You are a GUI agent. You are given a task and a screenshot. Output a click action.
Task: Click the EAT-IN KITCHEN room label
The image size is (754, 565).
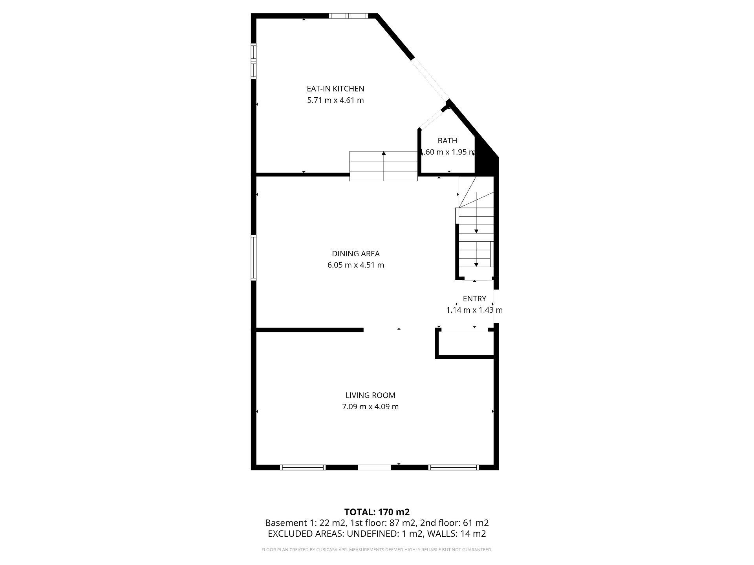pyautogui.click(x=335, y=89)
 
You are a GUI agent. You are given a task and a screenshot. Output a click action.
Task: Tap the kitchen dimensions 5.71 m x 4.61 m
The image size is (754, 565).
pyautogui.click(x=335, y=100)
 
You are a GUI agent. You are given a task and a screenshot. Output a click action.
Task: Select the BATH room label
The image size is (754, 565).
pyautogui.click(x=447, y=140)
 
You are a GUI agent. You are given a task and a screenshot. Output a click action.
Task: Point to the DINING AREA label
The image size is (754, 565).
pyautogui.click(x=356, y=253)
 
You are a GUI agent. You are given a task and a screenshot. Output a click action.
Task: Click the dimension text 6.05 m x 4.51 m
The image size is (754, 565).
pyautogui.click(x=356, y=265)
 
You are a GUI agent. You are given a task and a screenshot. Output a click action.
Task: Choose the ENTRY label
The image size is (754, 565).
pyautogui.click(x=474, y=299)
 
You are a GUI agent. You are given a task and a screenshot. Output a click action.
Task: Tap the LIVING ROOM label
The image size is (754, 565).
pyautogui.click(x=370, y=395)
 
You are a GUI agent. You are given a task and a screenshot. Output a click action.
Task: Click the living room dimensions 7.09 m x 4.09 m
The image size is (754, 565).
pyautogui.click(x=370, y=406)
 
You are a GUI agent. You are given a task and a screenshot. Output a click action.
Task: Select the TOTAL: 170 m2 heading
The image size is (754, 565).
pyautogui.click(x=377, y=512)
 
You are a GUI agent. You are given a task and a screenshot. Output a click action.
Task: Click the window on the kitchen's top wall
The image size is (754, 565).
pyautogui.click(x=348, y=16)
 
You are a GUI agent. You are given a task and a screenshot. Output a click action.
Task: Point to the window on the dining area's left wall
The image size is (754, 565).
pyautogui.click(x=254, y=258)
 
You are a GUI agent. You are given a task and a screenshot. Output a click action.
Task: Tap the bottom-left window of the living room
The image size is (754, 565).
pyautogui.click(x=303, y=467)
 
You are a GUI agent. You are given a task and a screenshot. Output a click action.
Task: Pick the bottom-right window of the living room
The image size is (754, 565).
pyautogui.click(x=454, y=467)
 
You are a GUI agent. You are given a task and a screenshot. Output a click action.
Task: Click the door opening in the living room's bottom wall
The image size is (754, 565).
pyautogui.click(x=374, y=467)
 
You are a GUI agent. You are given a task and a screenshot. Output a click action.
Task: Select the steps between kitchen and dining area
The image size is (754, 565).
pyautogui.click(x=383, y=166)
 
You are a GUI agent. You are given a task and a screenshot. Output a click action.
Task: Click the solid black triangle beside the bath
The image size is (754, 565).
pyautogui.click(x=487, y=155)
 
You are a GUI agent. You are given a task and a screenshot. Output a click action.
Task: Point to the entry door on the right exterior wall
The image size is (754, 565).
pyautogui.click(x=496, y=306)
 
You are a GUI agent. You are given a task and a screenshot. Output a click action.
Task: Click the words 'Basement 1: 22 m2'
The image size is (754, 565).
pyautogui.click(x=306, y=523)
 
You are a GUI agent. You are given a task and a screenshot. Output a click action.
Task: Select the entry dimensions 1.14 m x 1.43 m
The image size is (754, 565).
pyautogui.click(x=474, y=310)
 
